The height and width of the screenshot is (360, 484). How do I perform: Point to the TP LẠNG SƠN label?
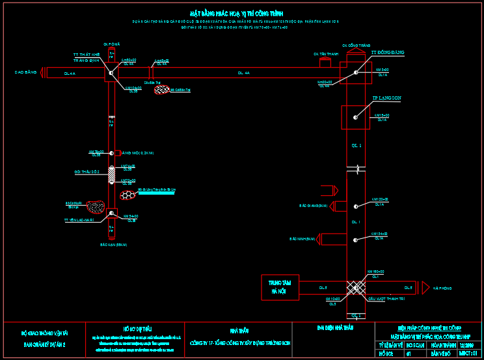click(386, 98)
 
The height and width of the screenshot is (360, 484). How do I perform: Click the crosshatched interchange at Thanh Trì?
click(356, 288)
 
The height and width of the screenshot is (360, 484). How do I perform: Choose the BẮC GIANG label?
click(313, 206)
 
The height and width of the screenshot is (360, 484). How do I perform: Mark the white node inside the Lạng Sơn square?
click(355, 117)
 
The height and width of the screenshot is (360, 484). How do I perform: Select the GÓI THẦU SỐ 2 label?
click(86, 171)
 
